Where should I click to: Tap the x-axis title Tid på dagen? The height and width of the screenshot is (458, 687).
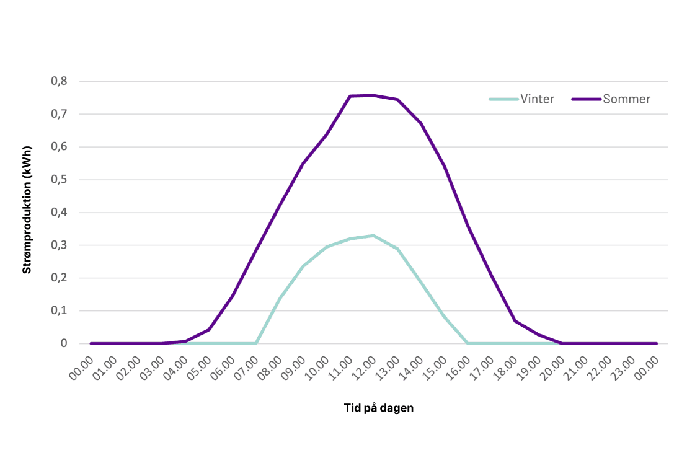(x=378, y=408)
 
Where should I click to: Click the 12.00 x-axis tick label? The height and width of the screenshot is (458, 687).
(x=366, y=368)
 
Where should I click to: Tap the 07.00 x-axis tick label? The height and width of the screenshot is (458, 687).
(x=248, y=368)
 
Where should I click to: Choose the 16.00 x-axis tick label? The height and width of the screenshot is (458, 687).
(x=460, y=368)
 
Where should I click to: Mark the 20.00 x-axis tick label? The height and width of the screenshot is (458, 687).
(x=554, y=368)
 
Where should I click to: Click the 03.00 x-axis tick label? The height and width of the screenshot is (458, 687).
(x=154, y=368)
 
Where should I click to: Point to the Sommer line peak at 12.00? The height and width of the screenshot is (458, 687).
(x=373, y=95)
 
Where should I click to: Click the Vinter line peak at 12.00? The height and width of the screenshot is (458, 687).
(x=373, y=236)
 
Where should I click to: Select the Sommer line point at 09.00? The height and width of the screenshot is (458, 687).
(x=303, y=164)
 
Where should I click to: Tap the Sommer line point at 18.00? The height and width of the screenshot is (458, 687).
(x=515, y=320)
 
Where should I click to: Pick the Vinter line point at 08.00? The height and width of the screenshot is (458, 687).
(x=279, y=298)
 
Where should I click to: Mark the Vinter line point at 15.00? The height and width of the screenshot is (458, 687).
(x=444, y=317)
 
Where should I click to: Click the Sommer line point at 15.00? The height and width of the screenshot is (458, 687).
(x=444, y=166)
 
